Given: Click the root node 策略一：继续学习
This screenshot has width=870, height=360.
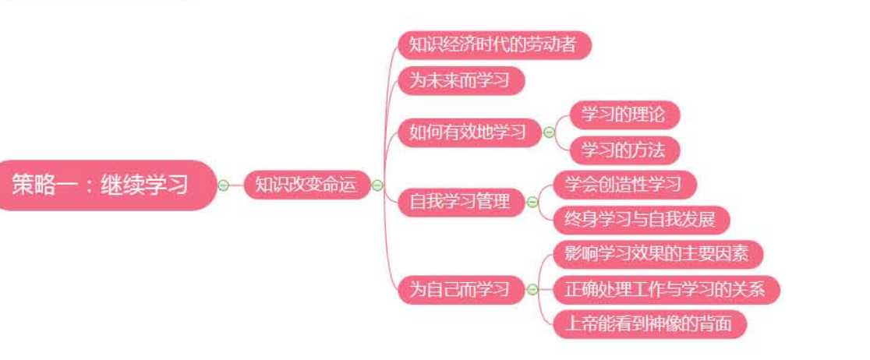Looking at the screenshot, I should [101, 185].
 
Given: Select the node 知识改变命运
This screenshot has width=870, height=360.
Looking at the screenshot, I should [306, 185].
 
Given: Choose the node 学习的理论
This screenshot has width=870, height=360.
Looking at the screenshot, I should [623, 115].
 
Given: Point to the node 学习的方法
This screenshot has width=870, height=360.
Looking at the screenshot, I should [623, 150].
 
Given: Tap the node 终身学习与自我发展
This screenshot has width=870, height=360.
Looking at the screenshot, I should [639, 220].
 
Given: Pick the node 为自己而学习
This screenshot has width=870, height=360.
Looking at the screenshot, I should [460, 290].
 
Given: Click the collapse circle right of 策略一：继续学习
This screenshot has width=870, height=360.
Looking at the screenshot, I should [224, 185].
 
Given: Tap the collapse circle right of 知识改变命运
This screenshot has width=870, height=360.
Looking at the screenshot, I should [377, 185].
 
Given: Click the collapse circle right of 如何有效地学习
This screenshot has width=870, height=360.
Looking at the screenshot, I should [548, 132].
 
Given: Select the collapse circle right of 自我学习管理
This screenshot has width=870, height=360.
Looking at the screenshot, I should [532, 203].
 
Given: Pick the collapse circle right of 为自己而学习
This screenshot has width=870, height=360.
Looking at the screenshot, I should [532, 290].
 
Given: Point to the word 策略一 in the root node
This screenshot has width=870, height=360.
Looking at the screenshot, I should [40, 185].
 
